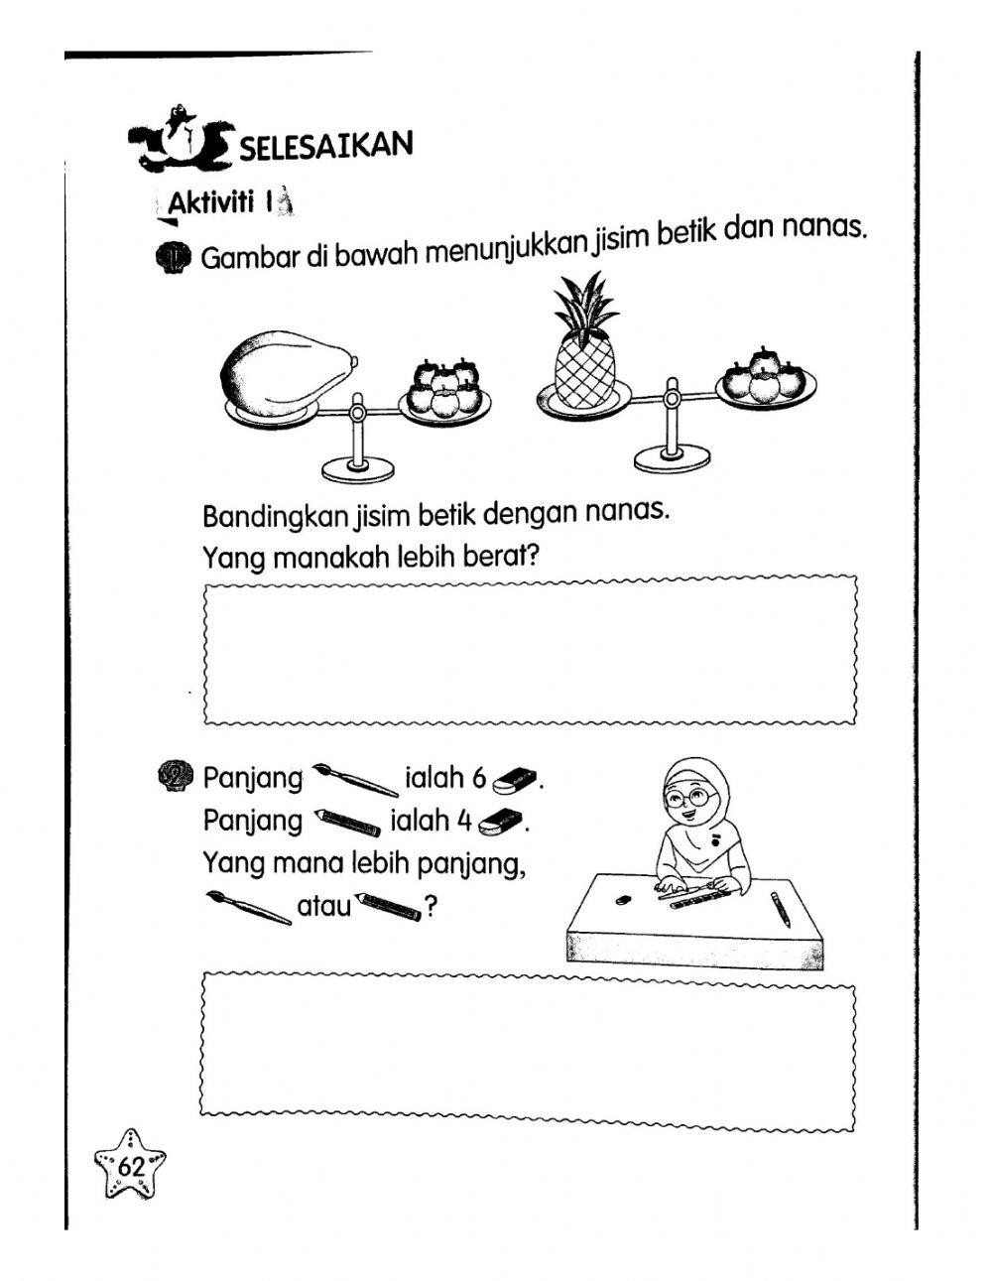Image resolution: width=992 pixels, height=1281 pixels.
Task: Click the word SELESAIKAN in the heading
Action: point(325,146)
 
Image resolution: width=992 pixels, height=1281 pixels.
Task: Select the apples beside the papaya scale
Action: point(444,388)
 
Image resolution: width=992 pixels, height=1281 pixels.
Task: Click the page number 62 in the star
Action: point(130,1167)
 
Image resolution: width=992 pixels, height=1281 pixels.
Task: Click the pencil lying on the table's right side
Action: point(781,909)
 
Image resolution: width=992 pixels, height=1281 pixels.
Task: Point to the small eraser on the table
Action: point(623,900)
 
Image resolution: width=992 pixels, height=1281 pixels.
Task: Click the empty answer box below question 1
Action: point(530,651)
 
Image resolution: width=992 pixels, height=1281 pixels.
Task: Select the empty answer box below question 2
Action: point(530,1051)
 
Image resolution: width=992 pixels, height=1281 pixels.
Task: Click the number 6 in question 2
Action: point(479,779)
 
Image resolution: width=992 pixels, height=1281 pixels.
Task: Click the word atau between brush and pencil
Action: point(324,906)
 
